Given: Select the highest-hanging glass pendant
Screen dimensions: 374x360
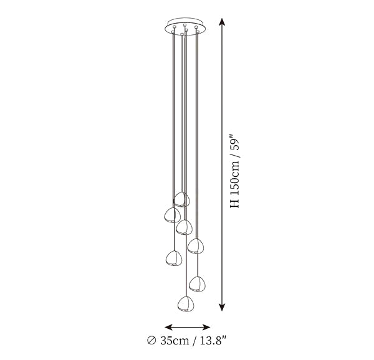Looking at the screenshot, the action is tap(182, 199).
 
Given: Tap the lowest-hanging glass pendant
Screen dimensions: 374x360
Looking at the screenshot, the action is tap(186, 304).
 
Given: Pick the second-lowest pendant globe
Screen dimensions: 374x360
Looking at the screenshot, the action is tap(197, 284).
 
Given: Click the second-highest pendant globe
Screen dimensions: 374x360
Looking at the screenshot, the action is tap(172, 215).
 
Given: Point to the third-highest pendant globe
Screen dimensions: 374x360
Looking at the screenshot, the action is tap(184, 227).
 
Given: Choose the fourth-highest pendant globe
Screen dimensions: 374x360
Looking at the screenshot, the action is tap(196, 246).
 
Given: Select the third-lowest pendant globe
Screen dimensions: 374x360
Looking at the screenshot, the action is tap(174, 258).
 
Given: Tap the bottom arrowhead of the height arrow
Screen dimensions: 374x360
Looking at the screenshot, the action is tap(222, 307).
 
